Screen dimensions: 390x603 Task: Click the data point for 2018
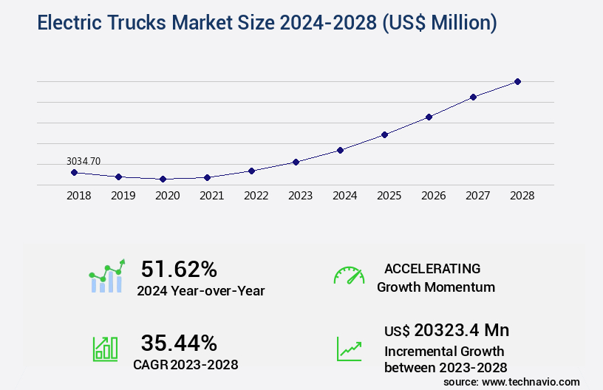click(x=74, y=172)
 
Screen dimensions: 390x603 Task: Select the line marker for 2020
click(x=163, y=179)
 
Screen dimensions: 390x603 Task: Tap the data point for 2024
click(x=340, y=150)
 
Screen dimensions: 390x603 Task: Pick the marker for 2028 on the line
click(x=517, y=81)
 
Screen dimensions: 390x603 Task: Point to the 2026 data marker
click(x=429, y=117)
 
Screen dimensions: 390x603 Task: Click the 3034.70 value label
click(x=84, y=160)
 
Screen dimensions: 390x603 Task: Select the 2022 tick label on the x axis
click(x=256, y=196)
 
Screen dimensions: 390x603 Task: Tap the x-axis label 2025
click(x=389, y=196)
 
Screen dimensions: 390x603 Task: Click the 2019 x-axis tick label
click(x=123, y=196)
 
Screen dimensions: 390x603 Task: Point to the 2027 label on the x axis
click(x=477, y=196)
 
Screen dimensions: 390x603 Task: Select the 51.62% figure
click(x=179, y=269)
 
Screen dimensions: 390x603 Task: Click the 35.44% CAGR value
click(x=179, y=343)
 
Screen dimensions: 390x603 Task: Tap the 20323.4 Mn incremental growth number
click(x=461, y=330)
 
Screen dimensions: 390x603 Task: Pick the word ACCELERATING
click(x=432, y=269)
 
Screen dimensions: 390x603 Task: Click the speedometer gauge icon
click(x=349, y=275)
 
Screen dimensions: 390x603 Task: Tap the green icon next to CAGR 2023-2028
click(x=105, y=349)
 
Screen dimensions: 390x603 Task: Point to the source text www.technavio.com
click(x=531, y=381)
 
